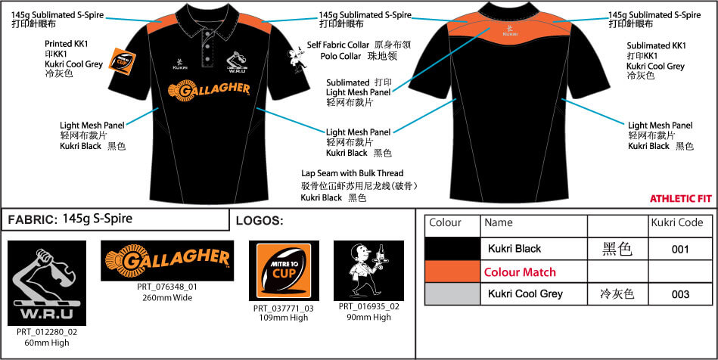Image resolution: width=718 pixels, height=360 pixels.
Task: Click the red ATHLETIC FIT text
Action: (680, 198)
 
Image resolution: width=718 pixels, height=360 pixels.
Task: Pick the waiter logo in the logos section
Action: (368, 271)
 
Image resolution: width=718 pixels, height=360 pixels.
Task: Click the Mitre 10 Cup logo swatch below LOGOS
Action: (284, 271)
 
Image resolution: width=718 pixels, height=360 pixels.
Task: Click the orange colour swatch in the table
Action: (452, 272)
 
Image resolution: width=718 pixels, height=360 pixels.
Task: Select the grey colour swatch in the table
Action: (452, 293)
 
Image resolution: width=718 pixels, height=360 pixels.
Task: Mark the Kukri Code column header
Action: (676, 222)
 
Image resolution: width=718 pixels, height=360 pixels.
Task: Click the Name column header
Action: (498, 222)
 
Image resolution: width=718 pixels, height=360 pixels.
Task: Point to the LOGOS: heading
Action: (260, 221)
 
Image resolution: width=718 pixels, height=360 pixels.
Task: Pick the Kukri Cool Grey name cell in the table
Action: (525, 293)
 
